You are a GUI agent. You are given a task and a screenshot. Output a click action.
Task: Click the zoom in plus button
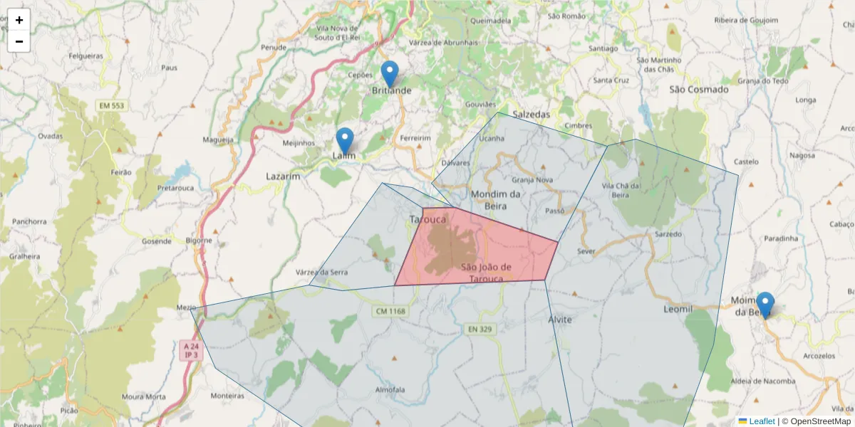coord(19,20)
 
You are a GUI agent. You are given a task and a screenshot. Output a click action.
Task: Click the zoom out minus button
coord(19,41)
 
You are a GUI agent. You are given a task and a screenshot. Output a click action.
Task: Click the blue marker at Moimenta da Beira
coord(765,305)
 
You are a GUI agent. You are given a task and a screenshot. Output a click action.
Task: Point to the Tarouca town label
coord(428,219)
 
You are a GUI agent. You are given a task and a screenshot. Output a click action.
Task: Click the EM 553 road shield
coord(111,106)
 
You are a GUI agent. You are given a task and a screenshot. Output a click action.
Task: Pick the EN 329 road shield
coord(481,329)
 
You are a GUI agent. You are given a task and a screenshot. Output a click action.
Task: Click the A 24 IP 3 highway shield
coord(190,350)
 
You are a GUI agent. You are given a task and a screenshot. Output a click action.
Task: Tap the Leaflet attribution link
coord(762,421)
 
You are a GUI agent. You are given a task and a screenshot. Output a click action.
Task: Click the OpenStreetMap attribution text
coord(816,421)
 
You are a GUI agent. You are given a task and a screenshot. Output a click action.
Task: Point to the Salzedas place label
coord(532,114)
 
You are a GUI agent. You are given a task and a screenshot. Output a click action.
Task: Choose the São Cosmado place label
coord(699,90)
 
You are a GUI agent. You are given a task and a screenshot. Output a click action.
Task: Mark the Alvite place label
coord(560,320)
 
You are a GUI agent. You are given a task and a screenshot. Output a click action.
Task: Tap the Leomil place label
coord(678,310)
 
